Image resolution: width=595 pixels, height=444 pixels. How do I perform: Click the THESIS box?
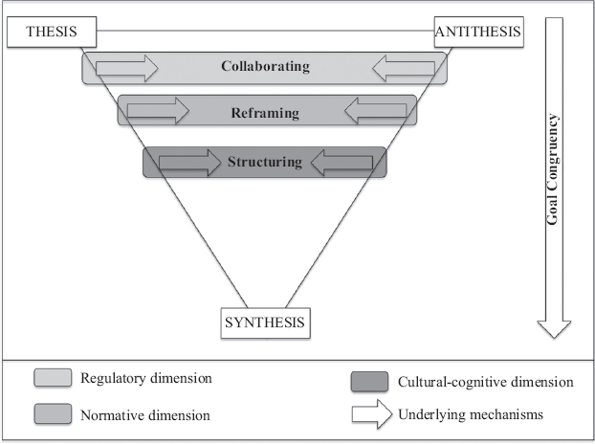click(52, 32)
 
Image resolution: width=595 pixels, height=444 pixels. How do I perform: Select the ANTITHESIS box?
click(479, 32)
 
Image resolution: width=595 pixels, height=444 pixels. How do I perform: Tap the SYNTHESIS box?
click(266, 322)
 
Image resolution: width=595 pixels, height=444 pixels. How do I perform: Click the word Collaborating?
click(265, 66)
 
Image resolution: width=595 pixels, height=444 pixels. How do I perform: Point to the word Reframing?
click(265, 113)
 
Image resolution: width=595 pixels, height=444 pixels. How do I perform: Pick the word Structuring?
click(265, 162)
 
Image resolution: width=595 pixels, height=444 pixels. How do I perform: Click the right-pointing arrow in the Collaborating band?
click(126, 68)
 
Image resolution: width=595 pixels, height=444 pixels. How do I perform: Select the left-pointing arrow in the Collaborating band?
click(404, 68)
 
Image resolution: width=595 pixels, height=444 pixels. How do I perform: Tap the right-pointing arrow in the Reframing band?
click(158, 111)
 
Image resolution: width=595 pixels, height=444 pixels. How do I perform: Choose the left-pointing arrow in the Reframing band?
click(376, 111)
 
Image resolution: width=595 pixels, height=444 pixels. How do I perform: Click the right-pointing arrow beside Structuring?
click(189, 163)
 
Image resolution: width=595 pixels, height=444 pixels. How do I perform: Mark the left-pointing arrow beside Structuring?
click(342, 163)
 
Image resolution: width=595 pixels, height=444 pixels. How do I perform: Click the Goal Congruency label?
click(553, 169)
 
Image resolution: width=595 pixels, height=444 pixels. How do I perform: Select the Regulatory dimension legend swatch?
click(53, 378)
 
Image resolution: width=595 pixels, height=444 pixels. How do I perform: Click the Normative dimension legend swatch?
click(53, 413)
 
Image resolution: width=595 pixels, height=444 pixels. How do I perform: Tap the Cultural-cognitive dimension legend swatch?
click(369, 382)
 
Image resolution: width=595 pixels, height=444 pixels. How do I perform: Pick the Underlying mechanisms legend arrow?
click(372, 414)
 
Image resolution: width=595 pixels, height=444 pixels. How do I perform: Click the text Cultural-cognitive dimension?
click(486, 382)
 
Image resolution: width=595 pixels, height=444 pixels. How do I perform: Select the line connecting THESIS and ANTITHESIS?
click(265, 31)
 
